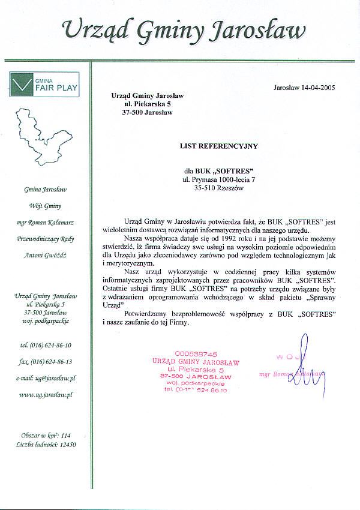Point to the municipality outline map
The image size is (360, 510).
45,139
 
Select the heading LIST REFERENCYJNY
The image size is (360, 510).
218,145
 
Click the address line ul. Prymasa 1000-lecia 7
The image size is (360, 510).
218,179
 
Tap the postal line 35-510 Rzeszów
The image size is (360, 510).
218,188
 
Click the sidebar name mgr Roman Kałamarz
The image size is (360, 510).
46,222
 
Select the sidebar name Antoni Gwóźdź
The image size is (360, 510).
46,255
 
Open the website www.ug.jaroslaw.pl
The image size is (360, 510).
46,395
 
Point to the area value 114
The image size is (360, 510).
66,436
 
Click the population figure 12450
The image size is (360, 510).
65,445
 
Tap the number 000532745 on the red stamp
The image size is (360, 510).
196,354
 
